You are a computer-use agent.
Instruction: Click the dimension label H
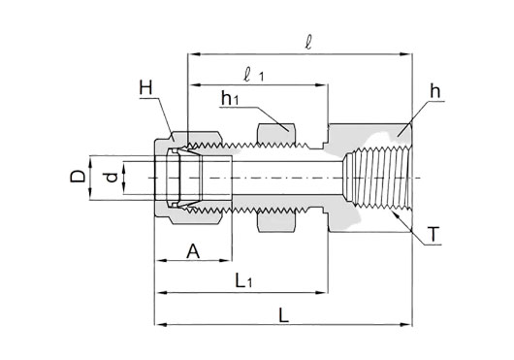tap(145, 88)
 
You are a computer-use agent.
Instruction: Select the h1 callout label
tap(230, 98)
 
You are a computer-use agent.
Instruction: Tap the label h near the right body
tap(435, 91)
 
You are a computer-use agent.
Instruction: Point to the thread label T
tap(434, 235)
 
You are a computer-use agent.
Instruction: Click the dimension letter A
tap(193, 251)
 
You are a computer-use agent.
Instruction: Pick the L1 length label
tap(243, 281)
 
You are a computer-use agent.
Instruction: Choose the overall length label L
tap(283, 315)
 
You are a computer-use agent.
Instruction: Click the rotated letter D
tap(78, 177)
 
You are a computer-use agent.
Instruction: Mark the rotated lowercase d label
tap(112, 178)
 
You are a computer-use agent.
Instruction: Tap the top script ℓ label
tap(307, 43)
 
